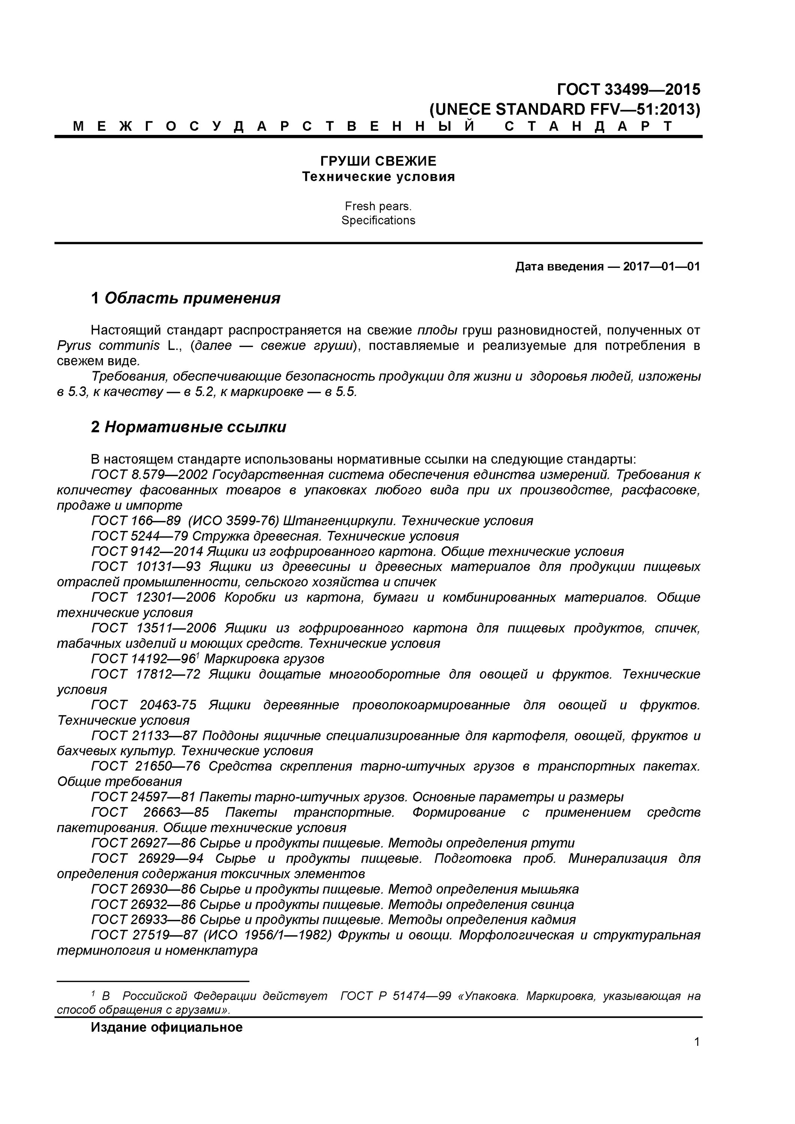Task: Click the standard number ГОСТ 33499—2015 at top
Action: [x=629, y=90]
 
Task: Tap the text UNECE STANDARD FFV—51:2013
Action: [x=564, y=109]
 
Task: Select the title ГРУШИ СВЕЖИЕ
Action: [x=378, y=161]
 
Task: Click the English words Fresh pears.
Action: [x=378, y=206]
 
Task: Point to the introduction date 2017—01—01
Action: [x=661, y=266]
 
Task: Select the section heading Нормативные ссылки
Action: [x=195, y=427]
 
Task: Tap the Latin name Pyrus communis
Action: [x=108, y=345]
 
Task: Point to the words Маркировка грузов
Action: [x=264, y=659]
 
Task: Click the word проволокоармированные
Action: [x=431, y=705]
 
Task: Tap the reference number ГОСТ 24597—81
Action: [x=143, y=797]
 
